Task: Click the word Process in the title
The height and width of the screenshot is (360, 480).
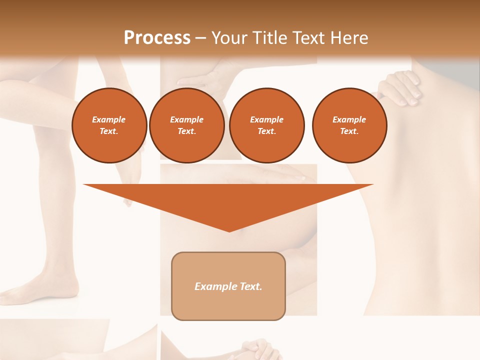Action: [x=157, y=38]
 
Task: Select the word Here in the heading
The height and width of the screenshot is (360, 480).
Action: [x=348, y=38]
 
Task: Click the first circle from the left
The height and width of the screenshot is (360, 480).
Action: [x=109, y=125]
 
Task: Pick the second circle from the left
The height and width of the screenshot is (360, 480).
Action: [x=186, y=125]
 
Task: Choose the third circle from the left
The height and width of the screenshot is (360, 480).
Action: [x=266, y=125]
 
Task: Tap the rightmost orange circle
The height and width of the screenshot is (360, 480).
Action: [x=349, y=125]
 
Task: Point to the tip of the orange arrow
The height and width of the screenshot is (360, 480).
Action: [x=229, y=230]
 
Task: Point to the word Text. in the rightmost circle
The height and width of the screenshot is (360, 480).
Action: [x=349, y=131]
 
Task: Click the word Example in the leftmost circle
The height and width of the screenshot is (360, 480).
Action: [x=109, y=119]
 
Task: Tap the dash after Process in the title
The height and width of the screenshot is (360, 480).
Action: [x=200, y=38]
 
